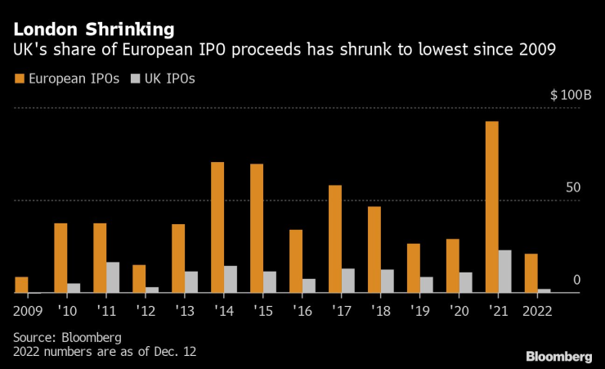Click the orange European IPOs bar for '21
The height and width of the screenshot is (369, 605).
(492, 206)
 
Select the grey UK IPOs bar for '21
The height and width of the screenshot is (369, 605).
(505, 271)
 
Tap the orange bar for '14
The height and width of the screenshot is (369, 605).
(217, 227)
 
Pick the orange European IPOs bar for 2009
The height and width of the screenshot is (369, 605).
(21, 285)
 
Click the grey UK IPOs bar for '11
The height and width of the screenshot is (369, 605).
(113, 277)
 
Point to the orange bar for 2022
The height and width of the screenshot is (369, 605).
(531, 272)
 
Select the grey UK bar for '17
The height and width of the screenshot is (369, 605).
(348, 280)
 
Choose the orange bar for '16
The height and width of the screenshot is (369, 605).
(296, 260)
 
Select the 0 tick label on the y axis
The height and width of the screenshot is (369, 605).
(576, 280)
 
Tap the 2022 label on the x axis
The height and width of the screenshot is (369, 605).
(536, 311)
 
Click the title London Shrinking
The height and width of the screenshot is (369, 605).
(93, 29)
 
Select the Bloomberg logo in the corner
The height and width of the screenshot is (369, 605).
(558, 357)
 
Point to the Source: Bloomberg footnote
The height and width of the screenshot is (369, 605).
(67, 337)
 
